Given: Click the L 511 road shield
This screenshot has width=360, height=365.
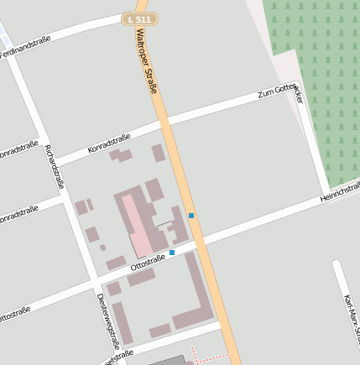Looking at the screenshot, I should tap(139, 18).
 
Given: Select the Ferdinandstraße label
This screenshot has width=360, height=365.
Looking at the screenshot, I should tap(25, 47).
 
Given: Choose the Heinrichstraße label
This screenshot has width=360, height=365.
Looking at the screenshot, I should tap(339, 191).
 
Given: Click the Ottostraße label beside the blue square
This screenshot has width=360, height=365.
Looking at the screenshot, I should tap(148, 261).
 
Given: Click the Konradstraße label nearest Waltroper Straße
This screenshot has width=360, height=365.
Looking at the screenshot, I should tap(109, 143).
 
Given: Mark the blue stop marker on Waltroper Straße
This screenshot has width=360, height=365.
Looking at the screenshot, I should tap(191, 216).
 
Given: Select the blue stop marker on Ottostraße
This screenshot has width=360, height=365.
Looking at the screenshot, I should tap(172, 252).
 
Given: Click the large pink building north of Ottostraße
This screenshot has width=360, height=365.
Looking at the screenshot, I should tap(136, 223).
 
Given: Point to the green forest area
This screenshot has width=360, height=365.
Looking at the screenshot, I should tap(315, 76).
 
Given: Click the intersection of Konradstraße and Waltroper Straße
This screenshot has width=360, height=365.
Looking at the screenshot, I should tap(164, 123).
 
